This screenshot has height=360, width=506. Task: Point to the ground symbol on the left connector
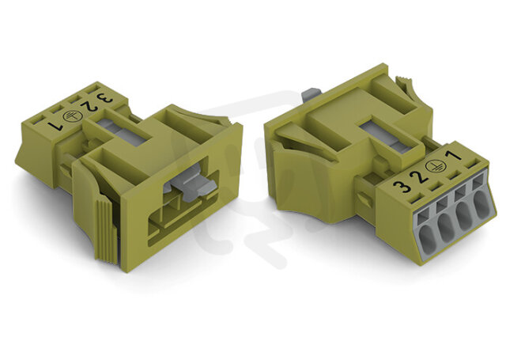pyautogui.click(x=72, y=116)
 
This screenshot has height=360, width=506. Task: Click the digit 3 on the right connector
pyautogui.click(x=402, y=187)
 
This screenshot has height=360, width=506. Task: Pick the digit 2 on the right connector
pyautogui.click(x=418, y=176)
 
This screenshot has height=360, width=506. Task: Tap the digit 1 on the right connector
pyautogui.click(x=453, y=155)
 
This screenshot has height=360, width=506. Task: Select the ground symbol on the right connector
pyautogui.click(x=434, y=166)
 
